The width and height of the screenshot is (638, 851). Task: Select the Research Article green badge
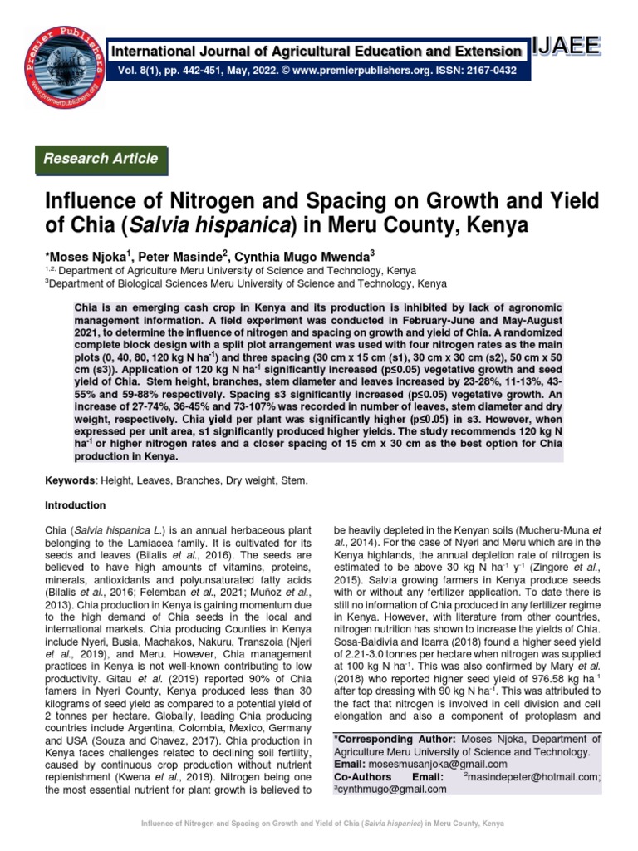point(101,159)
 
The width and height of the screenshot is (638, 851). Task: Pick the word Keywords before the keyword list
point(71,480)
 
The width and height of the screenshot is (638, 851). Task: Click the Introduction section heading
point(75,505)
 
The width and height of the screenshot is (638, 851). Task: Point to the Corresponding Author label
point(393,739)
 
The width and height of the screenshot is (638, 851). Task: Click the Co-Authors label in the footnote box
point(363,776)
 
